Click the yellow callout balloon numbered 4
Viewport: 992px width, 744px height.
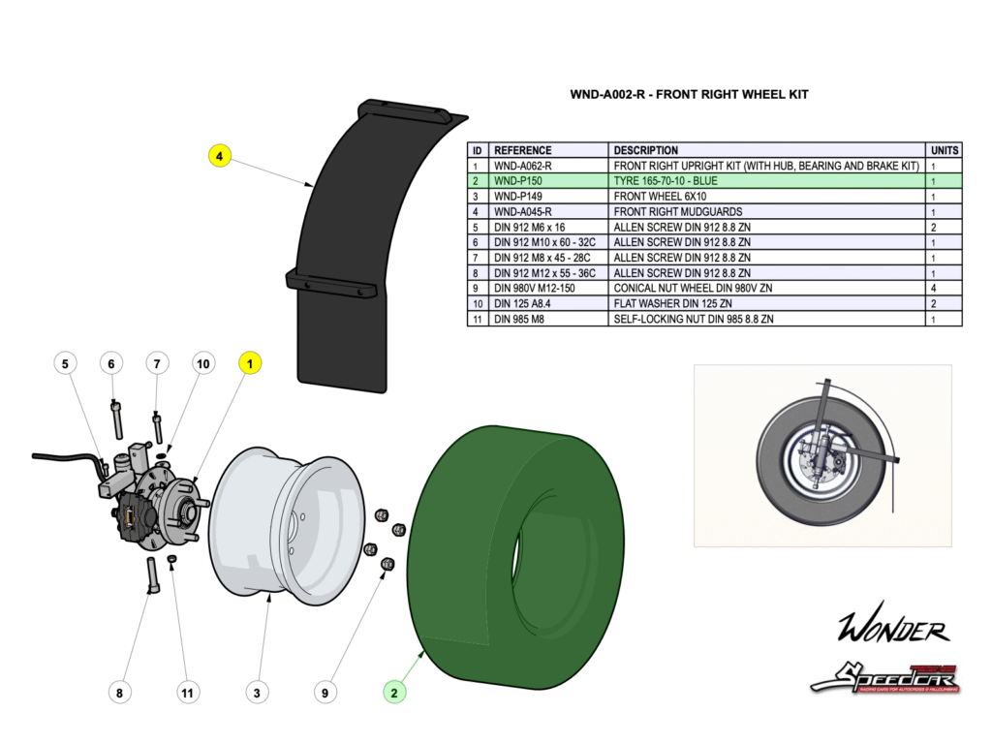coord(220,155)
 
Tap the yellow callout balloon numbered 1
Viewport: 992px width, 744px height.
coord(250,363)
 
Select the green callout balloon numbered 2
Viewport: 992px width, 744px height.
coord(394,692)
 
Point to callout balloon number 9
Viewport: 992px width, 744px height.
coord(325,692)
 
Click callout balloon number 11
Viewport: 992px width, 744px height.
coord(188,692)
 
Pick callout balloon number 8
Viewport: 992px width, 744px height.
coord(119,692)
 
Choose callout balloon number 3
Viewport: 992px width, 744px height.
coord(257,692)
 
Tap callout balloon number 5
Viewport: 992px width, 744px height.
coord(65,363)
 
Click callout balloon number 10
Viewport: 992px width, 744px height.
coord(202,363)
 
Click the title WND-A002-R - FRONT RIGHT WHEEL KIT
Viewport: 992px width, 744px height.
coord(689,95)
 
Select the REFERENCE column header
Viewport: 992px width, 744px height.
coord(522,150)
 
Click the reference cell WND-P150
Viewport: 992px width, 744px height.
coord(518,181)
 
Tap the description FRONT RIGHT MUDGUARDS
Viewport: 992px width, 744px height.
coord(678,211)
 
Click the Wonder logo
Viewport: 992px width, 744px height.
coord(893,630)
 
